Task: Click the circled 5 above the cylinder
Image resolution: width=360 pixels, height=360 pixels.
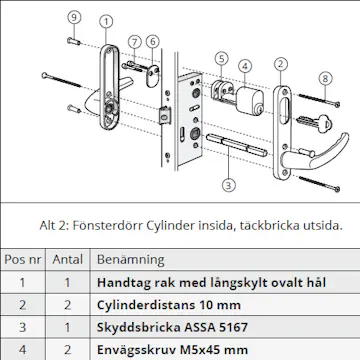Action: tap(220, 59)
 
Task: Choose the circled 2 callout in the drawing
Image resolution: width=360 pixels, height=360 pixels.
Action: tap(281, 65)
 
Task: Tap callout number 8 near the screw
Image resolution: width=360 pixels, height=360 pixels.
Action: tap(323, 77)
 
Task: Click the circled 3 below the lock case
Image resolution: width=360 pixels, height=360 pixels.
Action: tap(228, 185)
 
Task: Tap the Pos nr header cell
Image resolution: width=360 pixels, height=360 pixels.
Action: tap(22, 257)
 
